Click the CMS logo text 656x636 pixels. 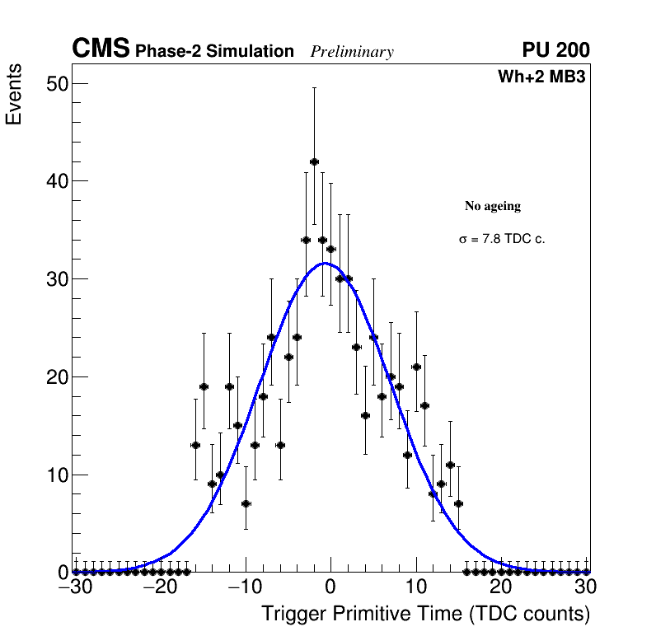click(x=101, y=49)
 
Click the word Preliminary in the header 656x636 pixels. click(x=352, y=52)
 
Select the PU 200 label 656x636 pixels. click(x=555, y=50)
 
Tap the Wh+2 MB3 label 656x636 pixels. click(x=541, y=77)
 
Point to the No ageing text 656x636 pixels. click(x=493, y=206)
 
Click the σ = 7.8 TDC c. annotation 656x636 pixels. click(x=502, y=239)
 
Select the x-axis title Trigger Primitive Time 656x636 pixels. click(x=425, y=614)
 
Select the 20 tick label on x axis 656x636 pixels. click(x=500, y=587)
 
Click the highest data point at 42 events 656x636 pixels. click(x=314, y=161)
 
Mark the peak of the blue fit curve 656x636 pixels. click(x=326, y=264)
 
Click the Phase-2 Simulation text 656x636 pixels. click(x=214, y=52)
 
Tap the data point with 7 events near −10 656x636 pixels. click(x=246, y=503)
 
